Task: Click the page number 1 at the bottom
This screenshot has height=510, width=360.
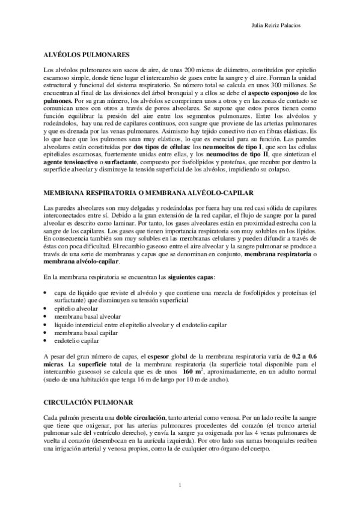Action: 180,485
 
